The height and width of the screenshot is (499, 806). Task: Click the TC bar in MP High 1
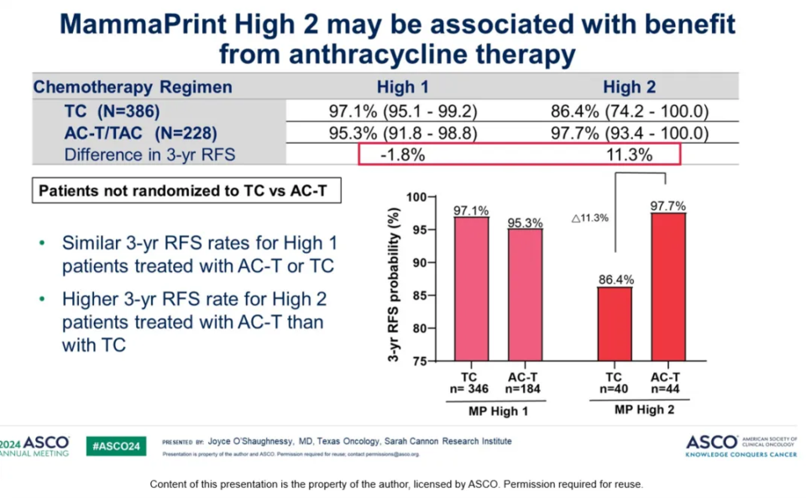pos(471,290)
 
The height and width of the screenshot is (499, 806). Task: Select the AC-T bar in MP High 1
pos(525,295)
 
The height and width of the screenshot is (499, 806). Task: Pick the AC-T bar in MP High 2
pos(667,287)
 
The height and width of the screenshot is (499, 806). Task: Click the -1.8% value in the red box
pos(401,155)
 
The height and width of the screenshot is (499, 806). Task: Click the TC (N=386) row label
pos(112,111)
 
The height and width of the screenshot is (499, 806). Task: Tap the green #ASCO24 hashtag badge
pos(117,445)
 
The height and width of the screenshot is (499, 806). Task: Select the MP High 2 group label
pos(644,410)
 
